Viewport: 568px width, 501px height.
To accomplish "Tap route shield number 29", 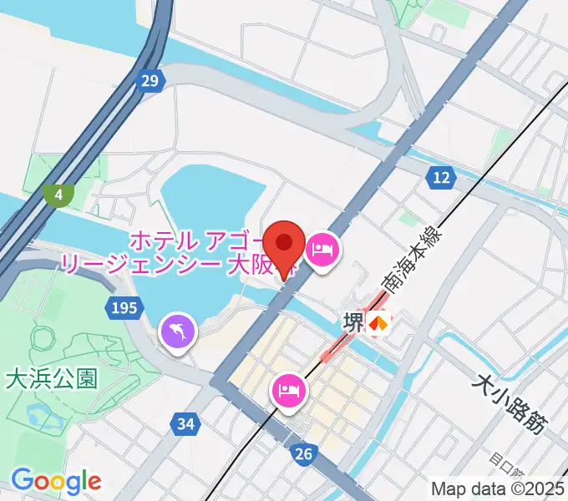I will pos(150,81).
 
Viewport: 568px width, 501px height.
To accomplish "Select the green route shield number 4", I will pos(58,195).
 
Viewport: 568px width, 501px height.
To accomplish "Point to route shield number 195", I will pos(123,309).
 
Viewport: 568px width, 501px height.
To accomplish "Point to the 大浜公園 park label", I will pos(51,378).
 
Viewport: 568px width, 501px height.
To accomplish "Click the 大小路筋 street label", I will pos(509,404).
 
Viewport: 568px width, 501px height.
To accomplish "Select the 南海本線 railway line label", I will pos(410,261).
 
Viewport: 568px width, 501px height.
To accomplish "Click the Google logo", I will pos(56,481).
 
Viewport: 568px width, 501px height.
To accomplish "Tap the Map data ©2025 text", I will pos(498,488).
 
